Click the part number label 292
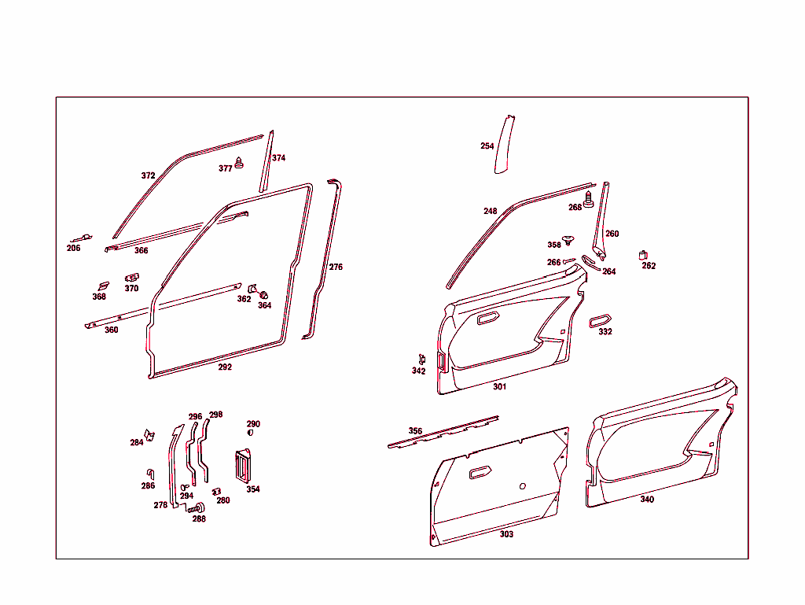click(225, 367)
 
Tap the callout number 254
click(487, 146)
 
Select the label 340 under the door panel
click(646, 500)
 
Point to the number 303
click(506, 534)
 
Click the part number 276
click(336, 267)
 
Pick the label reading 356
click(415, 431)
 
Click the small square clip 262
click(644, 254)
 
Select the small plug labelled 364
click(264, 295)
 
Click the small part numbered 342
click(422, 360)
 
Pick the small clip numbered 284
click(151, 435)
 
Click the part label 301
click(500, 387)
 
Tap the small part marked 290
click(250, 432)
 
